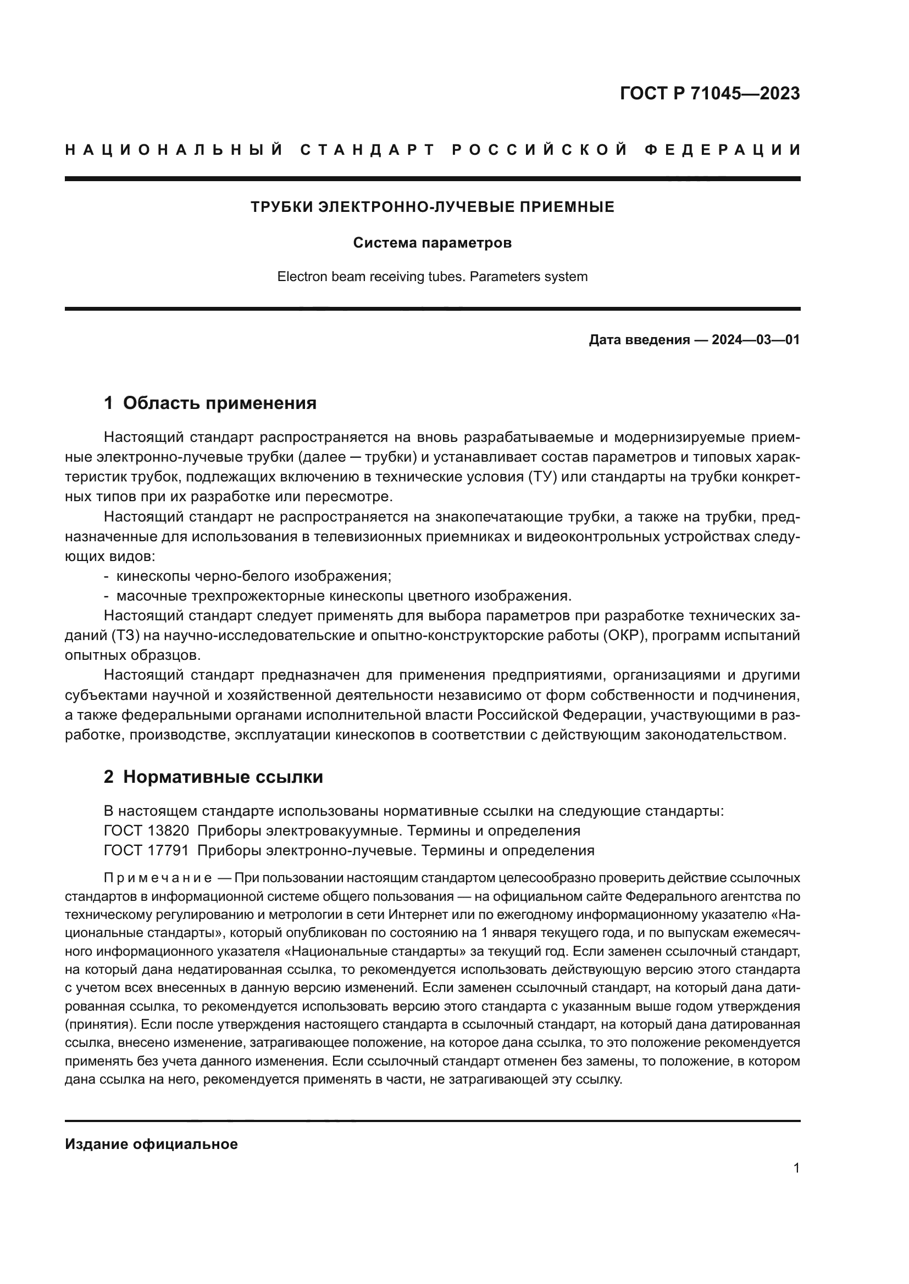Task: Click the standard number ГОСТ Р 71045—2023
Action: click(x=710, y=93)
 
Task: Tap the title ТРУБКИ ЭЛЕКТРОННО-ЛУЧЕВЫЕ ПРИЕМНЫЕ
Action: click(x=432, y=207)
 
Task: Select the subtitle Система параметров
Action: click(x=432, y=243)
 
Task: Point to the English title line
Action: click(x=432, y=277)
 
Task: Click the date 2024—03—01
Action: click(x=756, y=340)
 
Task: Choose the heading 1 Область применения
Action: click(x=210, y=403)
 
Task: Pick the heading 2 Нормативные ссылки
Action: click(x=213, y=777)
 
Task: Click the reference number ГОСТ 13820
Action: click(x=147, y=831)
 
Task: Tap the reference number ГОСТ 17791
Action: click(x=147, y=850)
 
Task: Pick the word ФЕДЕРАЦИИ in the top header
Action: click(x=723, y=150)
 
